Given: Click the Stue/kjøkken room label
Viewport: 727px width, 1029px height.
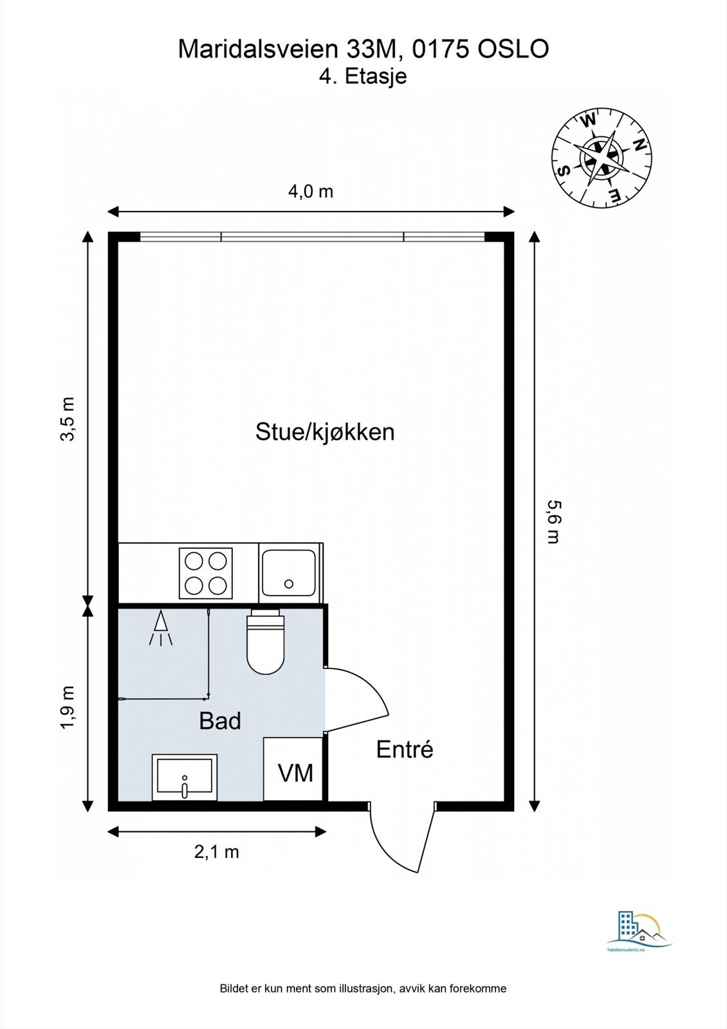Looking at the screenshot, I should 325,432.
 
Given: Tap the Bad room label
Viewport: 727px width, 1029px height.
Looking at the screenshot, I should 220,721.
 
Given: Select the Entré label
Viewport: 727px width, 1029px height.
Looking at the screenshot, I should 405,749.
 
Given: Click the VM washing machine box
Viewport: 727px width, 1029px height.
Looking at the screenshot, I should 294,770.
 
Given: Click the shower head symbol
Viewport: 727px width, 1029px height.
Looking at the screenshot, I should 160,626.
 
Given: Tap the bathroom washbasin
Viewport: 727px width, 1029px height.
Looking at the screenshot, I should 185,777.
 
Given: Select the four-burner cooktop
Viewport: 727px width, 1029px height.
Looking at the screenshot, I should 206,572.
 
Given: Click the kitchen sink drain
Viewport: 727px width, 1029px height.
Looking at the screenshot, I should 289,584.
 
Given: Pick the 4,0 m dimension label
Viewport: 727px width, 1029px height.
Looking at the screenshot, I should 310,191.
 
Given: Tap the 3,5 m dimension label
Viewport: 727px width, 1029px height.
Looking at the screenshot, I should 68,419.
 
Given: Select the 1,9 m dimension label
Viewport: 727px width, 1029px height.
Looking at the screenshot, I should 68,707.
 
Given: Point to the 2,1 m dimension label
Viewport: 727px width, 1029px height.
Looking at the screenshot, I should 217,851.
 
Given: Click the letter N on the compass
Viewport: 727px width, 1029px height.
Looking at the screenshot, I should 639,145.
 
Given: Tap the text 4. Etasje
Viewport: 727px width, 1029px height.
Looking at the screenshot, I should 363,77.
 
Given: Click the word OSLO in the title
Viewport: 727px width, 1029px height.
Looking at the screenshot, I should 513,50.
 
